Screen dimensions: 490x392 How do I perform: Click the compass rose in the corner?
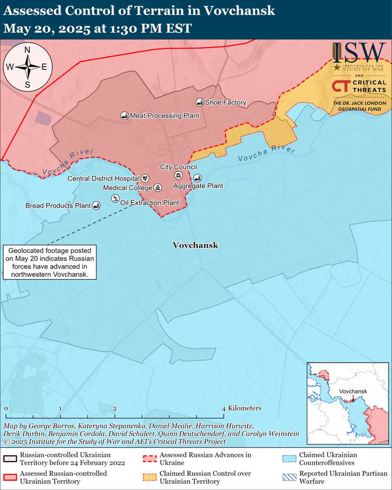click(27, 67)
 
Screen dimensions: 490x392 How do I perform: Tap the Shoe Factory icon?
click(199, 102)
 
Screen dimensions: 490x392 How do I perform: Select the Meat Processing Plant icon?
click(124, 116)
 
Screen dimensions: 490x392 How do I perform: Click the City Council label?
click(178, 167)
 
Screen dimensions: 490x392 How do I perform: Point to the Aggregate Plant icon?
click(197, 178)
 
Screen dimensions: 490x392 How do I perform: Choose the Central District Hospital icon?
click(145, 178)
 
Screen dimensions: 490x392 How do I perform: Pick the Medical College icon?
click(157, 188)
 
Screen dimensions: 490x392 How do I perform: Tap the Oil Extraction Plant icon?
click(115, 198)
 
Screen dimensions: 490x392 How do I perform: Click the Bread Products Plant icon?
click(96, 206)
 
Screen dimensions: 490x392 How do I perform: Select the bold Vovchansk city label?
click(195, 245)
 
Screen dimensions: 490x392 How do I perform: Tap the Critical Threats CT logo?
click(341, 86)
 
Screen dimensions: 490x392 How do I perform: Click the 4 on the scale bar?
click(223, 408)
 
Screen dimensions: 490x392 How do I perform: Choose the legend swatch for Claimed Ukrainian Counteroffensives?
click(290, 459)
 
